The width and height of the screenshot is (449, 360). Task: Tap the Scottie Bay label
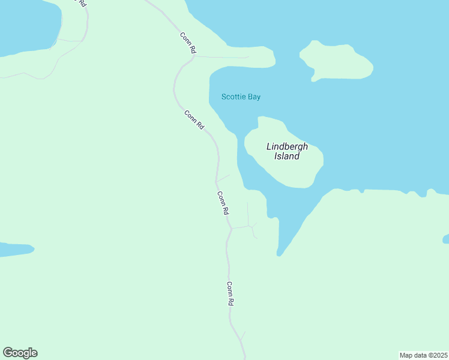tap(241, 97)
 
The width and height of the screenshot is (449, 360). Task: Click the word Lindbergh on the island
tap(287, 146)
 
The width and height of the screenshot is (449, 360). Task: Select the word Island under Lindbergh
tap(287, 157)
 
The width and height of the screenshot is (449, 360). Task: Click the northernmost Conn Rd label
tap(188, 43)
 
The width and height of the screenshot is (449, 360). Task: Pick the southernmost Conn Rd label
tap(229, 294)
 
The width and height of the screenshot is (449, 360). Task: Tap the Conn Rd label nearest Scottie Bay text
tap(195, 120)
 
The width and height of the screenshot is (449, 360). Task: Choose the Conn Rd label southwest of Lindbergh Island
tap(223, 203)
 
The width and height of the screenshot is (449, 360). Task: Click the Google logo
tap(20, 353)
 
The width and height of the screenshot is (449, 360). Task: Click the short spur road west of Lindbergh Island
tap(223, 178)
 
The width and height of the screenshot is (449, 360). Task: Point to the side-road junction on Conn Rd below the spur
tap(232, 228)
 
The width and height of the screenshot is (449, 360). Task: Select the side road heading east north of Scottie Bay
tap(222, 57)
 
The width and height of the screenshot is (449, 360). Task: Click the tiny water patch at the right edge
tap(446, 239)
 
